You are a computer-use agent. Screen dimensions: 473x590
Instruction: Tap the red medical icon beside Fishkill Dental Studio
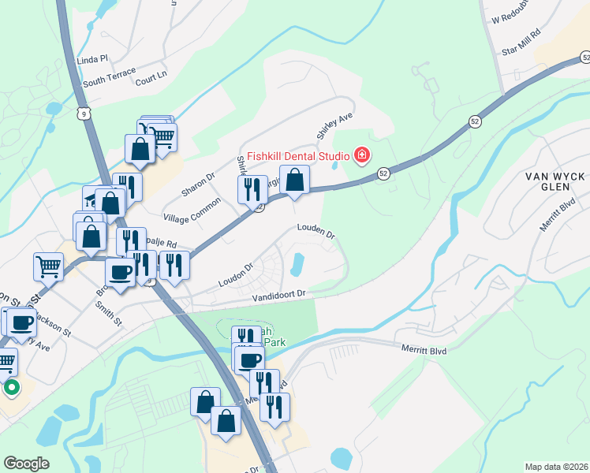pos(361,155)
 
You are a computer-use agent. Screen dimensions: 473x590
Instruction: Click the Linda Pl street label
pos(91,60)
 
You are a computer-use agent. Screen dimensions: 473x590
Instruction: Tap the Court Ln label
pos(151,76)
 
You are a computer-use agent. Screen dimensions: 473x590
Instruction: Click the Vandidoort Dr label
pos(278,296)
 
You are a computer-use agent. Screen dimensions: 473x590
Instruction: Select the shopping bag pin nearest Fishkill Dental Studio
pos(294,181)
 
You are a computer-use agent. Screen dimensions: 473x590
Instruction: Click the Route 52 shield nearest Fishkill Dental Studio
pos(383,173)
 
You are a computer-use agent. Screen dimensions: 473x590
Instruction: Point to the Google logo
pos(26,464)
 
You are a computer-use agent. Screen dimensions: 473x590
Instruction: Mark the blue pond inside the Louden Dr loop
pos(298,264)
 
